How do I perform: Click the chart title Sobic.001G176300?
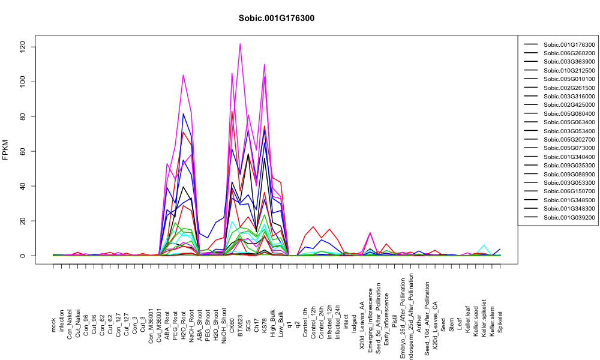[x=276, y=19]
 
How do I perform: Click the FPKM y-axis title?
[x=5, y=150]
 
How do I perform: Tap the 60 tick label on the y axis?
[x=23, y=151]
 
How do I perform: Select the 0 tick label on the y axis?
[x=23, y=256]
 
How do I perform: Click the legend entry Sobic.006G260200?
[x=569, y=53]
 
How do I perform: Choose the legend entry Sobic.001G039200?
[x=569, y=217]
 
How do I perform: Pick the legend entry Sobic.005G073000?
[x=569, y=148]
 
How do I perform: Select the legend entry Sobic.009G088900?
[x=569, y=174]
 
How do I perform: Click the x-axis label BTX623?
[x=241, y=326]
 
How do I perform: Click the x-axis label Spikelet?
[x=500, y=322]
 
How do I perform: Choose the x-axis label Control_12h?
[x=313, y=322]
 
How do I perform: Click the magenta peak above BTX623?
[x=240, y=44]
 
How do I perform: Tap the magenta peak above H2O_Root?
[x=183, y=74]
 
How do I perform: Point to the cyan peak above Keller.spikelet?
[x=484, y=245]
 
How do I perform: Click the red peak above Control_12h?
[x=313, y=226]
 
